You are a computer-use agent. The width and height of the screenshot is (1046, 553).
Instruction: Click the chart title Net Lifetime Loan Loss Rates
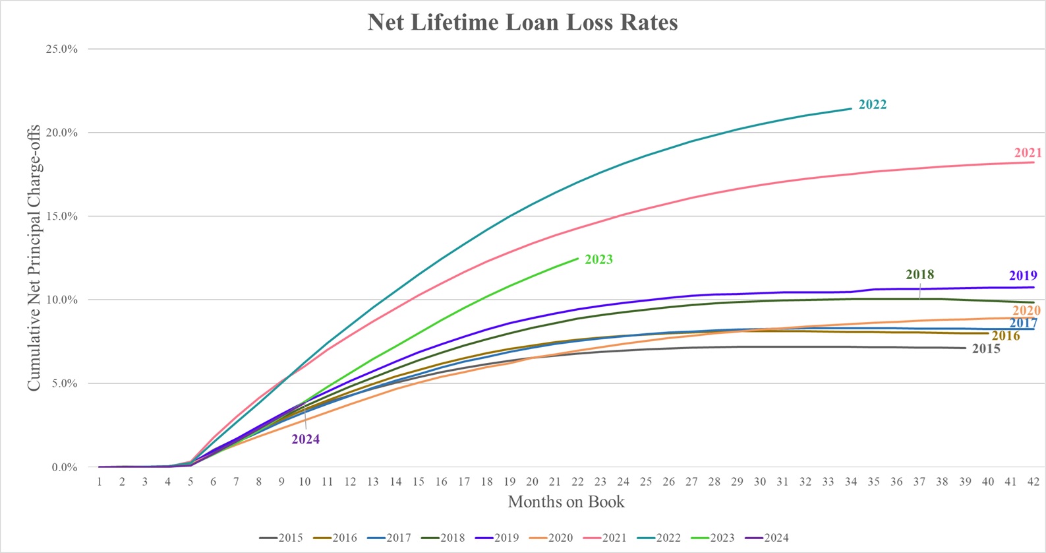click(523, 22)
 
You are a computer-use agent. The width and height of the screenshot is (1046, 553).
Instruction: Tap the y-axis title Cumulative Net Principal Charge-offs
click(34, 258)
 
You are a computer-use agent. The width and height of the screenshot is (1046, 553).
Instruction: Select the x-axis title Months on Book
click(566, 502)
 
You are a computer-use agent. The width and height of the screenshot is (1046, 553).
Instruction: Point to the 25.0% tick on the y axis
click(61, 49)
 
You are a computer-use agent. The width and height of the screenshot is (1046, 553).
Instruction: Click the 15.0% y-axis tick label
click(61, 216)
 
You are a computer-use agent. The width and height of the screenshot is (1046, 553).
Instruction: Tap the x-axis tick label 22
click(577, 482)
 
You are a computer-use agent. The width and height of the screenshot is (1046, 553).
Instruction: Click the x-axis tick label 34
click(851, 482)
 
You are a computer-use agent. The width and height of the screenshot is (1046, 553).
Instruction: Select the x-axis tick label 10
click(305, 482)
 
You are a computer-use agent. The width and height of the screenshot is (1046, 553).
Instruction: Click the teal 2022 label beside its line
click(872, 105)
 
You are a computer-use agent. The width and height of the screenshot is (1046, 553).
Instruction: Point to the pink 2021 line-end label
click(1028, 153)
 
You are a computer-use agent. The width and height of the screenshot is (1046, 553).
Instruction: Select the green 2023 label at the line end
click(598, 259)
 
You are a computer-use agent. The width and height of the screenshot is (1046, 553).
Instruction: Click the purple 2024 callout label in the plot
click(306, 439)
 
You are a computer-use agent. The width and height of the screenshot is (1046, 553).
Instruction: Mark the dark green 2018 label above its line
click(919, 275)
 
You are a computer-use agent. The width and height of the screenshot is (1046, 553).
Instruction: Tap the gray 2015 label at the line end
click(986, 349)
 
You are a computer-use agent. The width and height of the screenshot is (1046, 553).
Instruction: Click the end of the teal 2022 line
click(851, 109)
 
